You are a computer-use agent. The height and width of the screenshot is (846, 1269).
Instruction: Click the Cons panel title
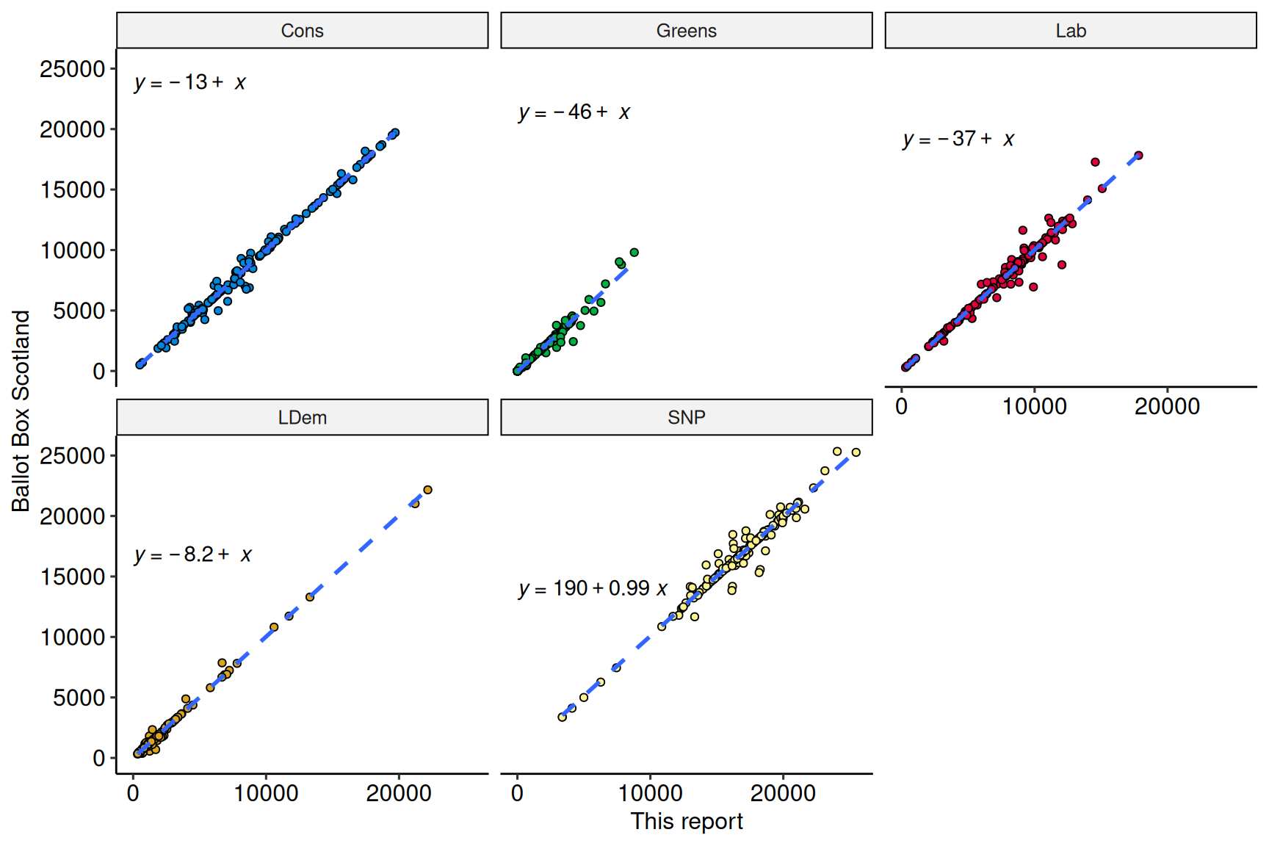tap(302, 31)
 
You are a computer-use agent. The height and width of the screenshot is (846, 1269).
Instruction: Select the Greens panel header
tap(686, 31)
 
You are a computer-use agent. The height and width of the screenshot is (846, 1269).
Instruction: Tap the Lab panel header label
tap(1070, 31)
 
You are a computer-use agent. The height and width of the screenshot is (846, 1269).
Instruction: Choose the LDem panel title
tap(302, 418)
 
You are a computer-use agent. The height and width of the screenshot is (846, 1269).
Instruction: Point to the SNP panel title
tap(686, 418)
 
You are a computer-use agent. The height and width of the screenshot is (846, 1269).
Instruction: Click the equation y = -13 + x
tap(189, 82)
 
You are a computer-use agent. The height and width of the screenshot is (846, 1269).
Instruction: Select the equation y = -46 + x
tap(574, 112)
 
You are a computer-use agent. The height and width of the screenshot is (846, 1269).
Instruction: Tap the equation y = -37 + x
tap(958, 139)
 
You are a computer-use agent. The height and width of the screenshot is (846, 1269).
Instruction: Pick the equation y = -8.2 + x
tap(192, 554)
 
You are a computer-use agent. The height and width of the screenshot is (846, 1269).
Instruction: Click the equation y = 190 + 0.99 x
tap(593, 588)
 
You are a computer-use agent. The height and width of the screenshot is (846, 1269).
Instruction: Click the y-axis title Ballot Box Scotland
tap(21, 411)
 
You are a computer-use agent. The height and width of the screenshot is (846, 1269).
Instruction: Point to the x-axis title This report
tap(686, 821)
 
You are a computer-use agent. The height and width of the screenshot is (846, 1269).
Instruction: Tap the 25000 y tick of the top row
tap(73, 69)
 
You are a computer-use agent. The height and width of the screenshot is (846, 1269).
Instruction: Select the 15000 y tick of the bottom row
tap(73, 577)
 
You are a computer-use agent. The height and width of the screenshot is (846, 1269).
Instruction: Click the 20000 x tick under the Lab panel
tap(1167, 406)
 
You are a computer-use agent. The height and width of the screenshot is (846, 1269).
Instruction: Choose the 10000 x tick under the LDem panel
tap(266, 793)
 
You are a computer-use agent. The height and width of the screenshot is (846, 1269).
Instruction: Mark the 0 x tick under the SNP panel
tap(517, 793)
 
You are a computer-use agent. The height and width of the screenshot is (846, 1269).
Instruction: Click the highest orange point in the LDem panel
tap(427, 490)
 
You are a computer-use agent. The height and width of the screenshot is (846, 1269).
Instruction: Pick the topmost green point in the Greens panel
tap(634, 253)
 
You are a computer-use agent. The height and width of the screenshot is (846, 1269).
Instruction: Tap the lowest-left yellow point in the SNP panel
tap(563, 717)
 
